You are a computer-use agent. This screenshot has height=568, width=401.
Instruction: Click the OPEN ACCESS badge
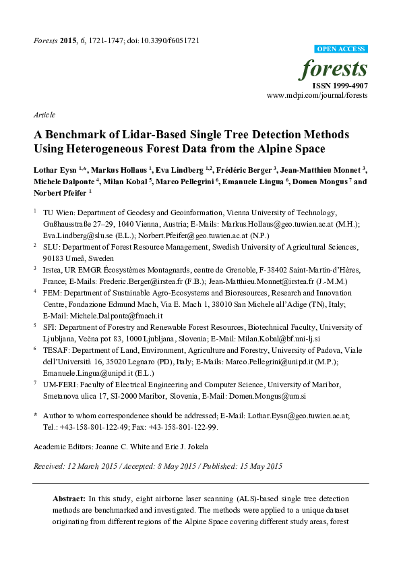coord(342,49)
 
